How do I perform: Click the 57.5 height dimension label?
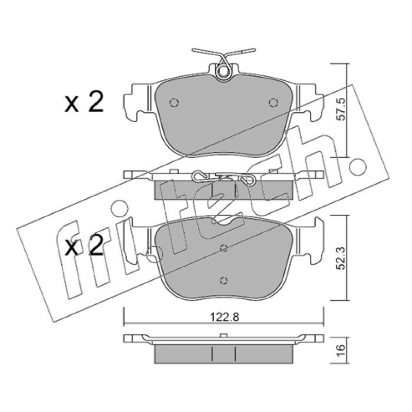click(x=341, y=109)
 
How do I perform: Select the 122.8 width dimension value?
click(x=225, y=317)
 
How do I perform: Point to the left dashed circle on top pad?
click(x=174, y=102)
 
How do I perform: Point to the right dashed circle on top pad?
click(x=273, y=102)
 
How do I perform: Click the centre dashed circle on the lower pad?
click(x=224, y=248)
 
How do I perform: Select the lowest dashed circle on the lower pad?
click(x=224, y=280)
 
